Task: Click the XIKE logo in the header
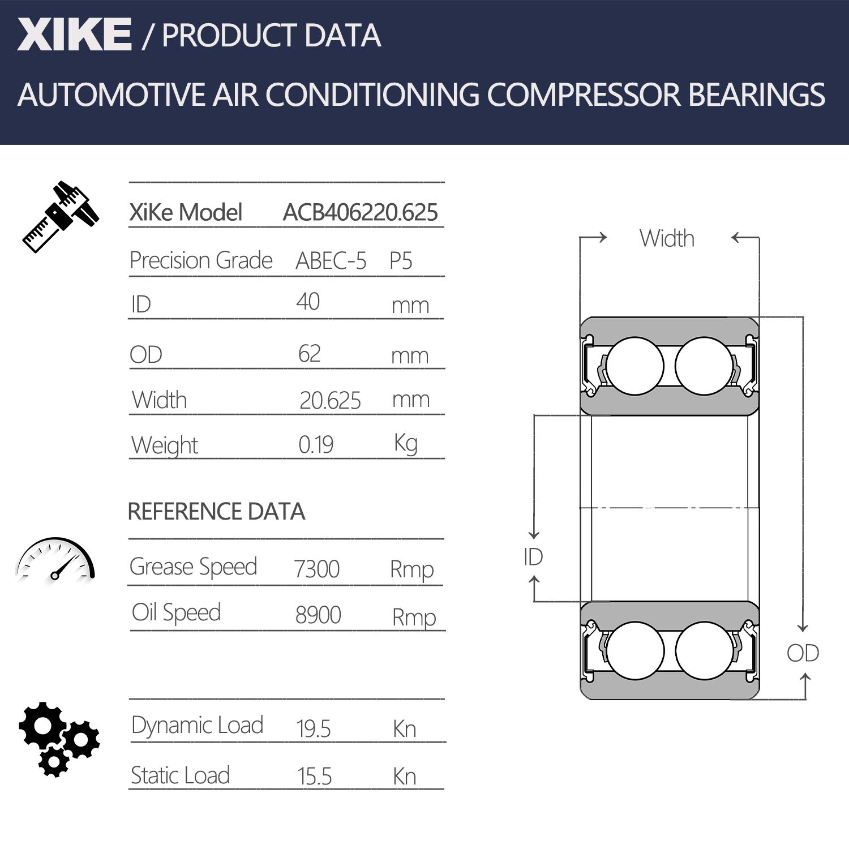click(x=74, y=35)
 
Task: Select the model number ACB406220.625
click(x=360, y=213)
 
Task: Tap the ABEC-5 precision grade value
click(x=331, y=261)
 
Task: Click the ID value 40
click(x=308, y=302)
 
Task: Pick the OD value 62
click(x=309, y=354)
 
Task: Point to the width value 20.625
click(x=330, y=401)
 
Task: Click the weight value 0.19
click(x=316, y=445)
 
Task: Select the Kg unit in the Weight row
click(x=406, y=444)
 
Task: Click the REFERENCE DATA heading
click(x=216, y=512)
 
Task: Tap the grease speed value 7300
click(x=316, y=569)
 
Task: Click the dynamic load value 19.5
click(x=313, y=728)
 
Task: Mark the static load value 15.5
click(x=314, y=777)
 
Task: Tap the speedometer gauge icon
click(x=55, y=560)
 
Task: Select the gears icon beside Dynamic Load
click(x=58, y=738)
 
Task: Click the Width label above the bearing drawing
click(x=667, y=239)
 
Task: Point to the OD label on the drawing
click(x=803, y=653)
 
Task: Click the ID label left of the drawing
click(x=533, y=557)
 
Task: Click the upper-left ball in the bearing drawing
click(x=634, y=366)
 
